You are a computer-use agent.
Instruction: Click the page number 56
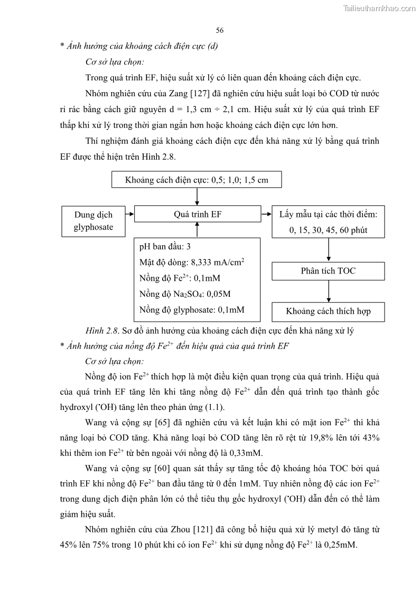point(220,30)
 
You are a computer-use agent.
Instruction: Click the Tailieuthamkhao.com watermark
point(379,8)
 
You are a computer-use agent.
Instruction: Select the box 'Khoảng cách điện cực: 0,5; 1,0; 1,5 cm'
point(197,180)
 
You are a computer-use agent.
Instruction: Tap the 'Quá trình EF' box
point(198,214)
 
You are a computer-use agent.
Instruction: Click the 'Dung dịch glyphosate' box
point(93,222)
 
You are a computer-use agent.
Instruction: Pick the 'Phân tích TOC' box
point(328,271)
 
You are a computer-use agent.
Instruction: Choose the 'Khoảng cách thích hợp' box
point(328,312)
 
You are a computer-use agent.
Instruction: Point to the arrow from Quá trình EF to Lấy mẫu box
point(266,214)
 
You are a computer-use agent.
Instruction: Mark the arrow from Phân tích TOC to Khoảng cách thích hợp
point(329,291)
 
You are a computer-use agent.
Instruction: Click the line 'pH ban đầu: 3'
point(165,247)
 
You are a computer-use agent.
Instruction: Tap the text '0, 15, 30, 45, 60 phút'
point(328,230)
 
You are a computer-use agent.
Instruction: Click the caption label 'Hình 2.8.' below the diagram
point(102,331)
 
